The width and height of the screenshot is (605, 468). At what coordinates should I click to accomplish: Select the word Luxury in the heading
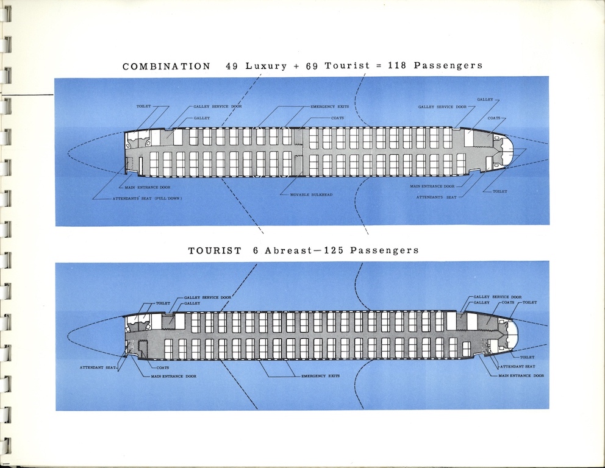coord(266,66)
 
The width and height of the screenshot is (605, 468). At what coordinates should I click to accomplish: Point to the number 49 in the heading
coord(233,66)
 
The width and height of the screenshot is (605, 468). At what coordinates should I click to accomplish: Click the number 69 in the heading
coord(312,66)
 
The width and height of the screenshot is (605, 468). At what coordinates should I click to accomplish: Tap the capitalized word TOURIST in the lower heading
coord(214,250)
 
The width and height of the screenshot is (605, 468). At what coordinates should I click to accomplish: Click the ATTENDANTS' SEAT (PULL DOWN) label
coord(147,199)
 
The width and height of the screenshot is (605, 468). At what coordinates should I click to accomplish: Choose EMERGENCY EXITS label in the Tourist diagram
coord(320,376)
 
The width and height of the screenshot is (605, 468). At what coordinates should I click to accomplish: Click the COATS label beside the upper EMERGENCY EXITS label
coord(337,118)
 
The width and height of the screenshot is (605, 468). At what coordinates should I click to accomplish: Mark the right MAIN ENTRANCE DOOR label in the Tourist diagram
coord(521,376)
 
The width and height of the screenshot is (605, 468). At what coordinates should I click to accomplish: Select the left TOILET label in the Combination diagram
coord(143,107)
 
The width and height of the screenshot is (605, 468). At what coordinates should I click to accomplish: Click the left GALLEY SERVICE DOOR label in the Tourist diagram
coord(207,297)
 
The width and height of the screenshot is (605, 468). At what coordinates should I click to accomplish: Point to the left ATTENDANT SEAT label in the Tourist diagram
coord(98,367)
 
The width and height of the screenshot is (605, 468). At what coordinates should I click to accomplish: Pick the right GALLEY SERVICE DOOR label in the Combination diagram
coord(444,107)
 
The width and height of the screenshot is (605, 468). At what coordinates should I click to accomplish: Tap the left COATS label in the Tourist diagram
coord(163,367)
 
